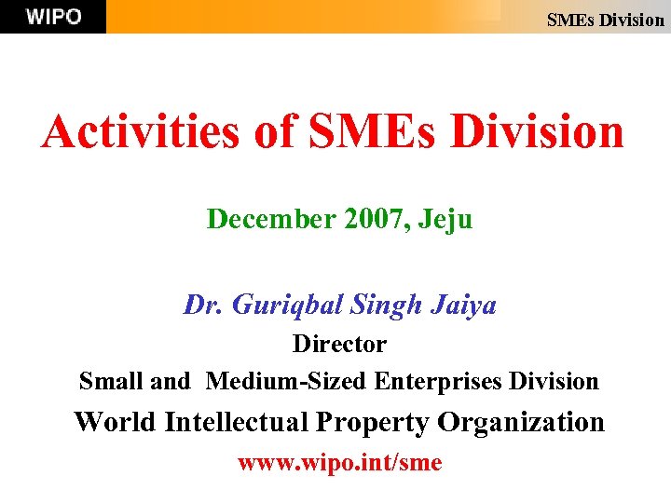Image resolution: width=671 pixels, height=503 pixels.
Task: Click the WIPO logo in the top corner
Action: (53, 17)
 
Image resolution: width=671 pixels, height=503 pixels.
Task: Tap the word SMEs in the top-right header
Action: (569, 20)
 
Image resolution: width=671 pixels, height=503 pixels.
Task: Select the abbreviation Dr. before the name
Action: (201, 305)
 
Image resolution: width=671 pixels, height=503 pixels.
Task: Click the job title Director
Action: (339, 344)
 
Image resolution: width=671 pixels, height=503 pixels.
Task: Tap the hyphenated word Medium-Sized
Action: (287, 381)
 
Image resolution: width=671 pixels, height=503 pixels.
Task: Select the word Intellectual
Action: (237, 422)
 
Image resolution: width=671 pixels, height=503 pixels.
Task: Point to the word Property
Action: (373, 423)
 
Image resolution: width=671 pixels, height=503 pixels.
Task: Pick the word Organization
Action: (521, 423)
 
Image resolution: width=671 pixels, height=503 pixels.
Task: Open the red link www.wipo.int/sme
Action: (339, 463)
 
